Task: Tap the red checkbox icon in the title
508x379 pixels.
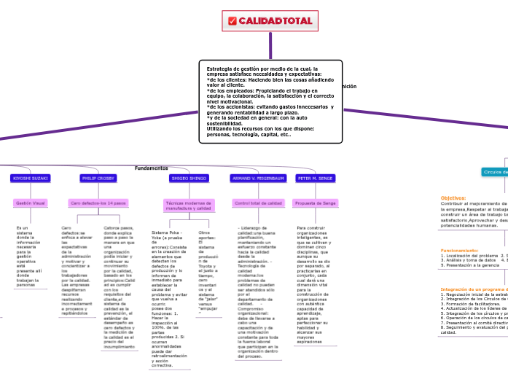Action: coord(232,21)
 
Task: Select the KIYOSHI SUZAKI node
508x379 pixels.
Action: coord(31,178)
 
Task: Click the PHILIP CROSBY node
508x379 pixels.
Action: coord(98,178)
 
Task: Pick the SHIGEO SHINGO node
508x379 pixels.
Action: coord(189,178)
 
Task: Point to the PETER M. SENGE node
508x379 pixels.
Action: coord(316,178)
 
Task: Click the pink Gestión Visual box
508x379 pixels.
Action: coord(30,203)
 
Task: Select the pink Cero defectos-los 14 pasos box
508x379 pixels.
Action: coord(98,203)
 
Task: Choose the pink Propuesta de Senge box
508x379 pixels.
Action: coord(316,203)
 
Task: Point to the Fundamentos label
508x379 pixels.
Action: coord(151,168)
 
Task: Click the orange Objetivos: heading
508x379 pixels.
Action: coord(453,198)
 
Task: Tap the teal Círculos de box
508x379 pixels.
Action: coord(493,172)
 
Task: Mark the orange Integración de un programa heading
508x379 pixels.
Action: coord(473,289)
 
